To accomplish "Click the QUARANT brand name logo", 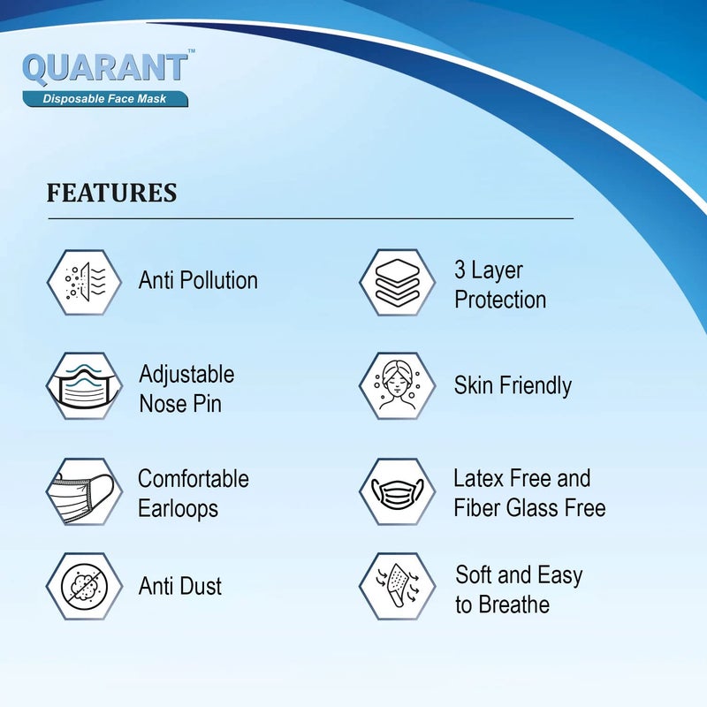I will pyautogui.click(x=104, y=69).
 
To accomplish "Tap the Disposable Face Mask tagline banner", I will pyautogui.click(x=105, y=99).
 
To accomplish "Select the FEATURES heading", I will pyautogui.click(x=111, y=193).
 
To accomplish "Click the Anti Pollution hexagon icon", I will pyautogui.click(x=84, y=282).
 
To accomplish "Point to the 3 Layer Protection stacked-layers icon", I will pyautogui.click(x=398, y=282).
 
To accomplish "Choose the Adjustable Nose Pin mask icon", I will pyautogui.click(x=84, y=386).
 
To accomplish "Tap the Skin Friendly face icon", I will pyautogui.click(x=398, y=386).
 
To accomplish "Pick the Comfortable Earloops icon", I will pyautogui.click(x=84, y=491).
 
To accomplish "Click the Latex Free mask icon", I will pyautogui.click(x=398, y=491).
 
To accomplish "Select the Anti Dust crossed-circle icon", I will pyautogui.click(x=84, y=586).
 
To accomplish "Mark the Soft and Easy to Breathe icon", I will pyautogui.click(x=398, y=586).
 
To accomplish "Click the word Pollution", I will pyautogui.click(x=219, y=281).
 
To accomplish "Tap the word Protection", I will pyautogui.click(x=500, y=300).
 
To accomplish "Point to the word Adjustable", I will pyautogui.click(x=186, y=374).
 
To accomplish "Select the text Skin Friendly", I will pyautogui.click(x=513, y=385).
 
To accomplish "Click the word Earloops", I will pyautogui.click(x=178, y=509).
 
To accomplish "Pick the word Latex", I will pyautogui.click(x=478, y=479).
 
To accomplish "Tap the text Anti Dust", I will pyautogui.click(x=180, y=586).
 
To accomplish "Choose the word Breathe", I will pyautogui.click(x=514, y=605).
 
